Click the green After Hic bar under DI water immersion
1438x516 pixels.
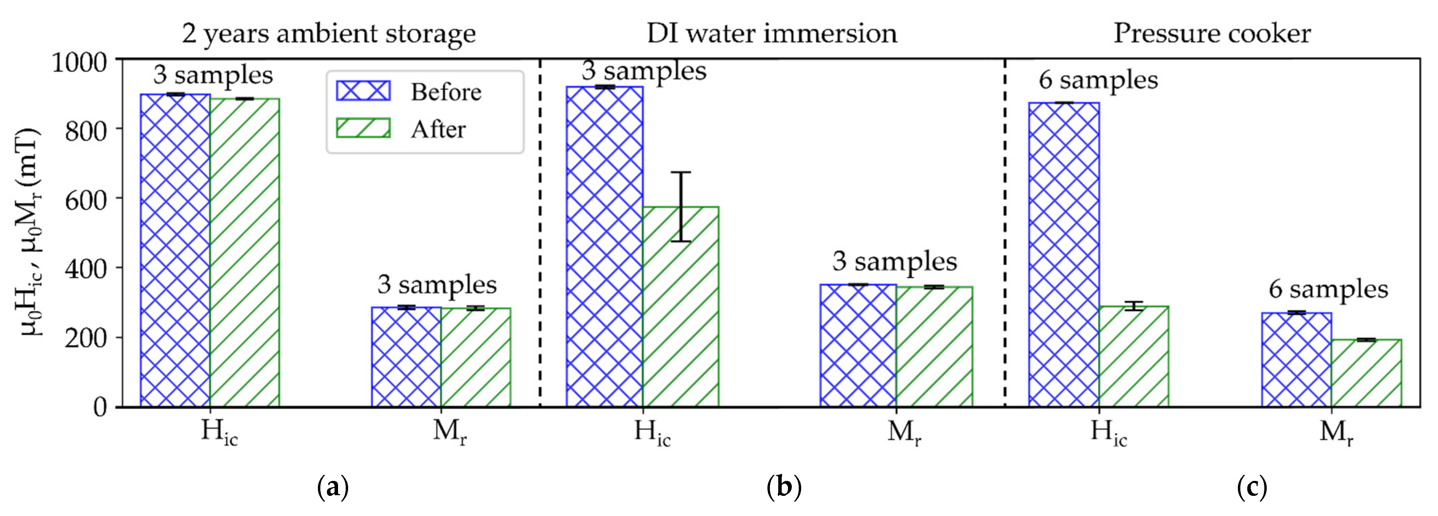click(x=681, y=307)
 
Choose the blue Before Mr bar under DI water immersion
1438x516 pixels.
click(x=858, y=346)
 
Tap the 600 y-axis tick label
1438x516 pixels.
click(x=85, y=199)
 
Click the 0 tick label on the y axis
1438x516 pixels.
click(x=100, y=407)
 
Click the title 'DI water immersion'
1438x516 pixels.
click(x=772, y=33)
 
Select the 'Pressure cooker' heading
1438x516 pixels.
click(x=1212, y=33)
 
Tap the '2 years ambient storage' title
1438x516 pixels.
click(x=329, y=33)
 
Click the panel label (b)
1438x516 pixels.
click(x=784, y=488)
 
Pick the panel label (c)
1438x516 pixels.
click(x=1251, y=488)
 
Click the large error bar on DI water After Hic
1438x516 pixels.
click(x=681, y=207)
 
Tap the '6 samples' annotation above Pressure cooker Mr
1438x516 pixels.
click(x=1328, y=289)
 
